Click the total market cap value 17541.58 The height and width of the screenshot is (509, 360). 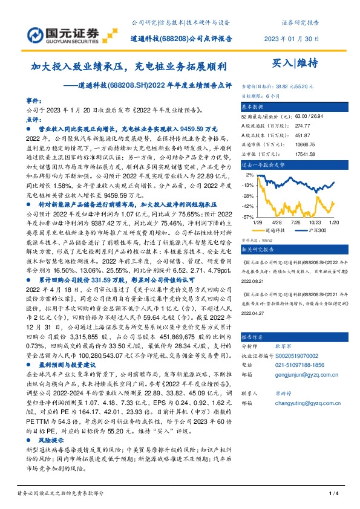coord(305,154)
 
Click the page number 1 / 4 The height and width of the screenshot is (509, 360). coord(332,494)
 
